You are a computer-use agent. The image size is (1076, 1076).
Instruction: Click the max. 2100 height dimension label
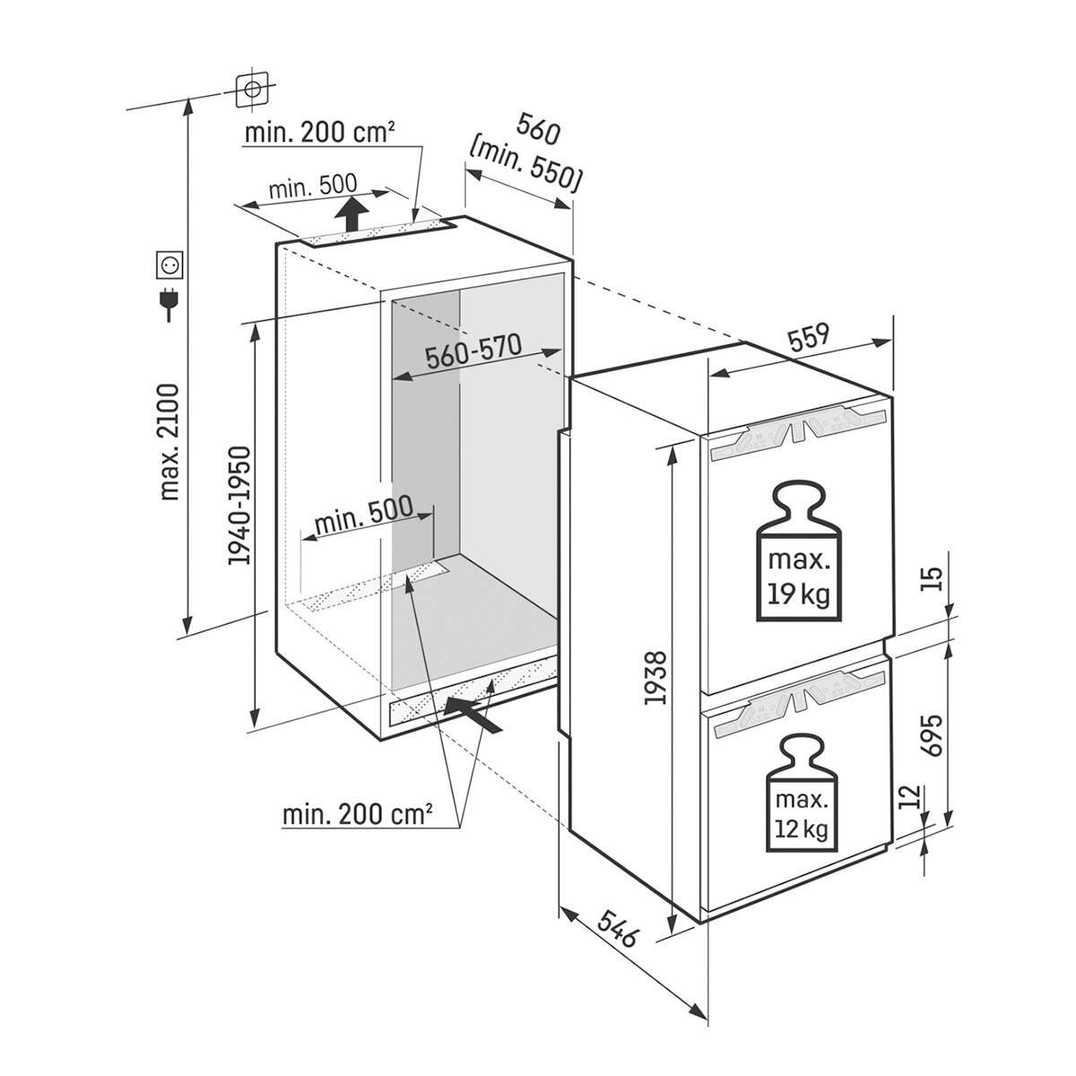[x=169, y=441]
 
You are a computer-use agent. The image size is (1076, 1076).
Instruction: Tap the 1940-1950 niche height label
[x=239, y=506]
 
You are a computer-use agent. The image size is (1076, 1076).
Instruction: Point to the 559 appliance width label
[x=809, y=338]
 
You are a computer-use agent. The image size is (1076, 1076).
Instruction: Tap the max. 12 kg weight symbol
[x=802, y=794]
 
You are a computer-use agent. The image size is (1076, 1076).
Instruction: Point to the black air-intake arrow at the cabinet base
[x=473, y=716]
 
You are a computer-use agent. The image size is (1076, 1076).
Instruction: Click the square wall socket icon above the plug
[x=169, y=265]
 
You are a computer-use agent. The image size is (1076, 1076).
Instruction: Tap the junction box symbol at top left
[x=251, y=89]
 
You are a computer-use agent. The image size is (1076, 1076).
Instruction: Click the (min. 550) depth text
[x=525, y=169]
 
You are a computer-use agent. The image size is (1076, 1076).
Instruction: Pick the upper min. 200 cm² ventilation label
[x=320, y=133]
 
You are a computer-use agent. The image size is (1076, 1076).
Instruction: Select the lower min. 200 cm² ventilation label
[x=358, y=816]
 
